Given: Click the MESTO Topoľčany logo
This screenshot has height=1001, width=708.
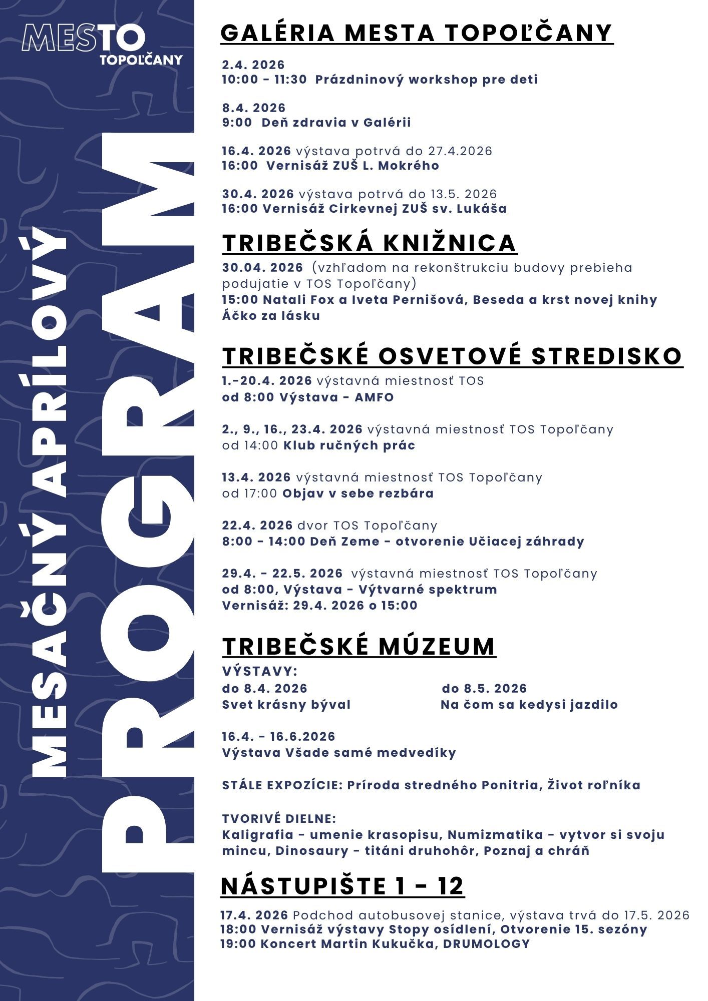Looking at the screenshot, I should pyautogui.click(x=102, y=45).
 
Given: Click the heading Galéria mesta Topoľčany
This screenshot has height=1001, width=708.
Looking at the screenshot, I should pyautogui.click(x=417, y=33).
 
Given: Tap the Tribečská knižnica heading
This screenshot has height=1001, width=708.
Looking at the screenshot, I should pyautogui.click(x=369, y=243).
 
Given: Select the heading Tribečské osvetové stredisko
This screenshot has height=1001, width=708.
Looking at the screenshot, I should pyautogui.click(x=452, y=356).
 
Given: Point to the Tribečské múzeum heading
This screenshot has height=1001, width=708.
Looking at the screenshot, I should pyautogui.click(x=359, y=646).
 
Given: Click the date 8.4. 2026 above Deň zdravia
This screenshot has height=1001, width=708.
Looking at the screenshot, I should pyautogui.click(x=254, y=108).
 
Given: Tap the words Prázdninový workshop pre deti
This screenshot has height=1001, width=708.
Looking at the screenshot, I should pyautogui.click(x=426, y=80).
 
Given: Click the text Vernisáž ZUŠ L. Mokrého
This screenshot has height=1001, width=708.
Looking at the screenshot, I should pyautogui.click(x=352, y=166).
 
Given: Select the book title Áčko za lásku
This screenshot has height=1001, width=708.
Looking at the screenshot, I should pyautogui.click(x=271, y=316).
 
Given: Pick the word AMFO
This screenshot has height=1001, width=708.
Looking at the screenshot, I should pyautogui.click(x=374, y=397).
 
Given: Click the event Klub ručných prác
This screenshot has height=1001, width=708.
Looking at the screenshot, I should pyautogui.click(x=349, y=445).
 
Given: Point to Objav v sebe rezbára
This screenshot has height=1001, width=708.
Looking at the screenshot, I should pyautogui.click(x=358, y=493).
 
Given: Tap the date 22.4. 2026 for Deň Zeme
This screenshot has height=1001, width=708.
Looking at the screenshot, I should pyautogui.click(x=257, y=526).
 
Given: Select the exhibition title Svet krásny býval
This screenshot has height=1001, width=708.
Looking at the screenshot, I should pyautogui.click(x=286, y=705).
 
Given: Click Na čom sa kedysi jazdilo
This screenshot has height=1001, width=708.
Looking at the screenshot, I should pyautogui.click(x=529, y=705).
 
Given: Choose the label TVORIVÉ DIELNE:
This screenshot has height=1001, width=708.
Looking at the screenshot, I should pyautogui.click(x=279, y=819).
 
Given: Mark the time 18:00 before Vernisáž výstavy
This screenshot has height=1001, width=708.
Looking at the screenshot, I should pyautogui.click(x=238, y=929).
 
